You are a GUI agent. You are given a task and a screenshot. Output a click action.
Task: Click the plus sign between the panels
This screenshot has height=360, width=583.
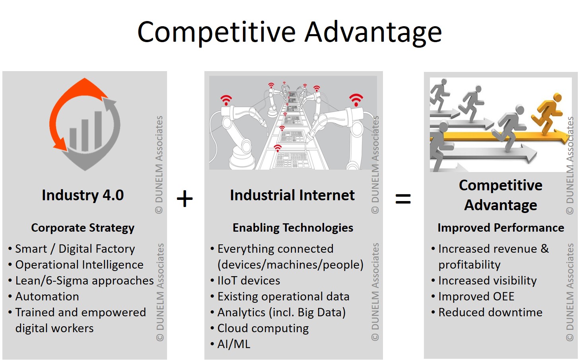click(185, 198)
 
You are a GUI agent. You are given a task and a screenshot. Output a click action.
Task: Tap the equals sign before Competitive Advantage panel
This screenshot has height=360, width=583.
click(403, 199)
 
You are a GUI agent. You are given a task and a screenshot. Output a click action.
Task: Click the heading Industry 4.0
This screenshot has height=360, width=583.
click(83, 195)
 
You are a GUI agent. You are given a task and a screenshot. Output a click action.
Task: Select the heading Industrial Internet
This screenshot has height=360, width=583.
click(292, 195)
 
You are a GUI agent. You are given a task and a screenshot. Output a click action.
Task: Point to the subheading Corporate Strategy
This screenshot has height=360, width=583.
click(83, 228)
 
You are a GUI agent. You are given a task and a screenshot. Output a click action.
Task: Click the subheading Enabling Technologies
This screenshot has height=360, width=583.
click(293, 228)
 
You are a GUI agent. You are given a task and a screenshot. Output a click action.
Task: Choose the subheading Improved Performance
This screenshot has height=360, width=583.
click(501, 228)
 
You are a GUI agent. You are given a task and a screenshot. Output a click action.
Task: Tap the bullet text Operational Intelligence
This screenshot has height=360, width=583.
click(80, 265)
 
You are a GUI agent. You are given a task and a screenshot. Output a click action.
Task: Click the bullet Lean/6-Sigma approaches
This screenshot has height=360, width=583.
click(85, 281)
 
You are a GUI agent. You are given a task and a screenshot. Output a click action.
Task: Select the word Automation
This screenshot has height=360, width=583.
click(47, 296)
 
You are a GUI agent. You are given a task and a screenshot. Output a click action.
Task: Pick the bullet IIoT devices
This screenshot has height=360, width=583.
click(249, 281)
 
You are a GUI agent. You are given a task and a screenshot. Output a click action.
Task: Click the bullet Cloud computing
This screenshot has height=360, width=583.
click(263, 328)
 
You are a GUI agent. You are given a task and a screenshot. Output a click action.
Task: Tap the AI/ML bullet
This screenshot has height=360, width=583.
click(234, 344)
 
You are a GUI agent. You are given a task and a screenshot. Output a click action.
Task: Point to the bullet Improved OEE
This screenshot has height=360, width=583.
click(476, 296)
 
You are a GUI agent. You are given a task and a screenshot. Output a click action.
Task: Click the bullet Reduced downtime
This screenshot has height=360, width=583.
click(490, 312)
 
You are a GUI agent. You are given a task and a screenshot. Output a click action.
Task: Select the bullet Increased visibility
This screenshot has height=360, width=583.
click(488, 281)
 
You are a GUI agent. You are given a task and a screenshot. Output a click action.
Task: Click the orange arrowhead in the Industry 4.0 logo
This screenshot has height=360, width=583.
click(60, 143)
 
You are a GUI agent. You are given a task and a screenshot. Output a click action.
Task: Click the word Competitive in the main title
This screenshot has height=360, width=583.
click(216, 32)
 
